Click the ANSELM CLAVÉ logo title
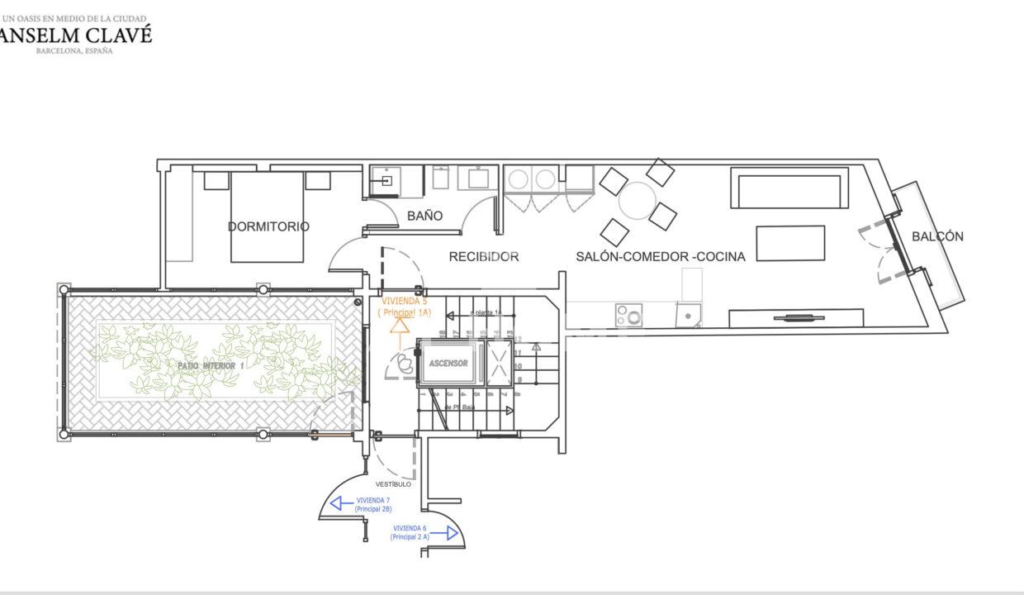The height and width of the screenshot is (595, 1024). (x=74, y=34)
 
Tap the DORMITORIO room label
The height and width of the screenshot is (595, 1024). (x=268, y=226)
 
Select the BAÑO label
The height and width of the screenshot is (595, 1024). (x=424, y=216)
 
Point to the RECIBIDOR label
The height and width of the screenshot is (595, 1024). (x=484, y=257)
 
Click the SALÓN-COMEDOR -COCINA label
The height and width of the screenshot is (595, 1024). (x=660, y=257)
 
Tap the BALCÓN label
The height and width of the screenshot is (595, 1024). (x=937, y=236)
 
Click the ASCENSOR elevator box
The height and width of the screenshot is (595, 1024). (x=448, y=364)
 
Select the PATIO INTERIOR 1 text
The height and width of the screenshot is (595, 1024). (x=211, y=365)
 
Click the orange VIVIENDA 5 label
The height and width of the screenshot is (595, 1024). (x=404, y=307)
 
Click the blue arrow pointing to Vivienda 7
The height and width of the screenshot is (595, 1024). (x=339, y=502)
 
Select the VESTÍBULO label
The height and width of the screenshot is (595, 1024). (x=393, y=484)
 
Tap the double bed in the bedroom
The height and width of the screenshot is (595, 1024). (x=268, y=217)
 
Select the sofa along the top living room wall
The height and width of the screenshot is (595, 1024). (x=789, y=188)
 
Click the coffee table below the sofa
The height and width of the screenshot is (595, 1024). (x=790, y=243)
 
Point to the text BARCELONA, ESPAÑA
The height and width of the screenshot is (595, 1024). (x=74, y=50)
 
